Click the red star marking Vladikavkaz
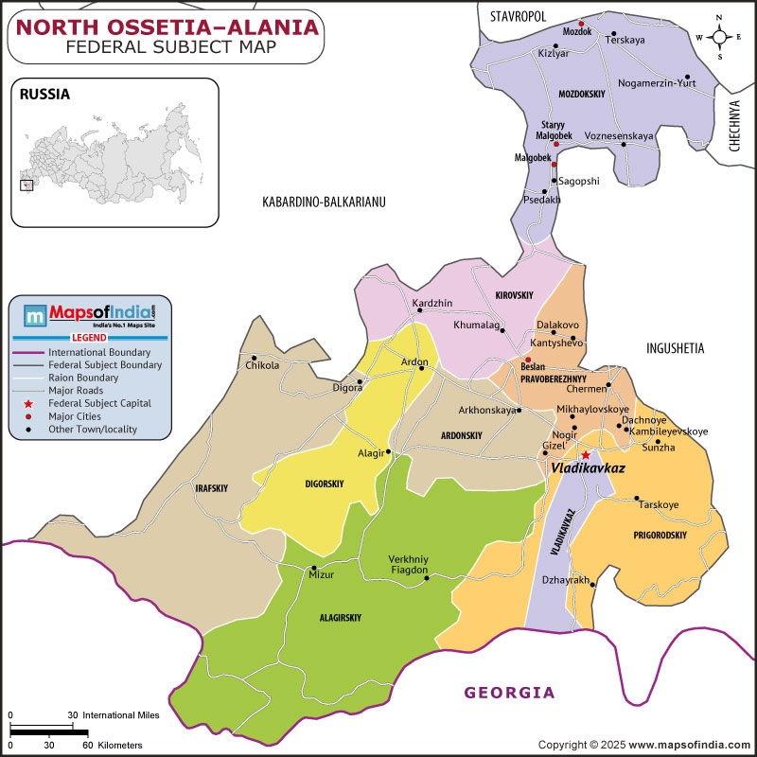click(585, 454)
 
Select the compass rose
click(719, 37)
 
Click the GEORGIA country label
click(509, 693)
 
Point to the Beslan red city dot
click(528, 360)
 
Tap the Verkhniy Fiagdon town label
click(409, 564)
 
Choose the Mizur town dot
click(313, 569)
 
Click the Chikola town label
click(262, 365)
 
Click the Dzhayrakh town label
click(566, 579)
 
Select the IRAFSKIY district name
click(211, 488)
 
